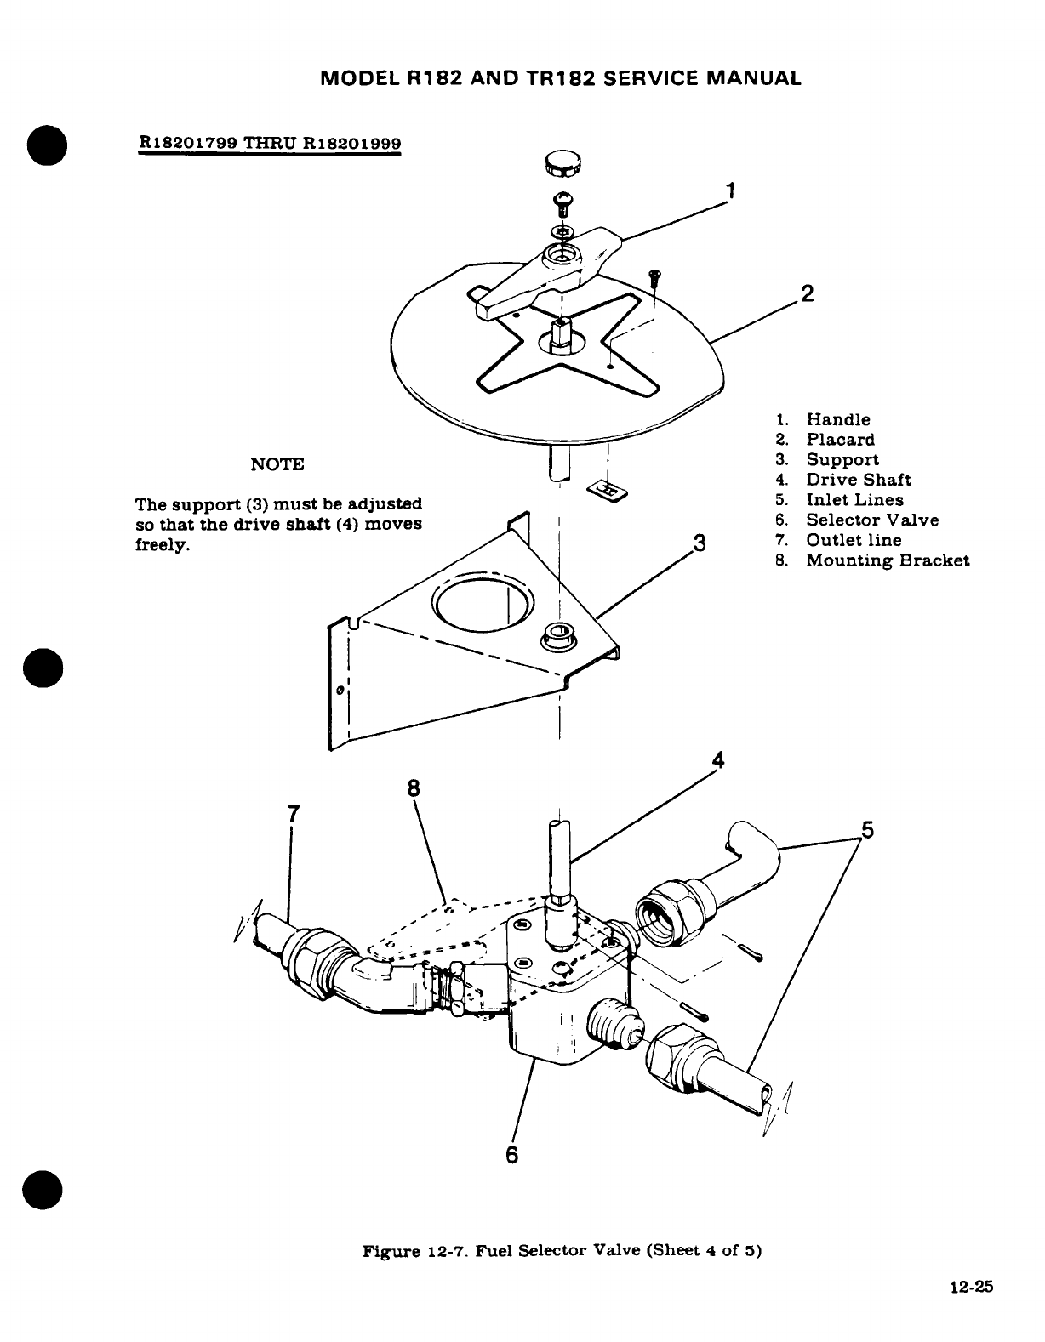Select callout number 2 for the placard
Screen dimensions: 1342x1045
coord(808,294)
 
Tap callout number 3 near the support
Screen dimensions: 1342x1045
coord(700,543)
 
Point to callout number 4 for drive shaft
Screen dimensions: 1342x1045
coord(717,760)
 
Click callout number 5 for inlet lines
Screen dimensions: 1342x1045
coord(867,828)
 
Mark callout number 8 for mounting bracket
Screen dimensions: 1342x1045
coord(414,788)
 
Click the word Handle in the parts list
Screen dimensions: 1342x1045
coord(837,419)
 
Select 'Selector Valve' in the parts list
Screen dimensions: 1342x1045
coord(872,520)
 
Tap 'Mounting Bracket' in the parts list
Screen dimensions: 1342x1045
coord(888,560)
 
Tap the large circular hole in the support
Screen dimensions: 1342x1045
coord(483,606)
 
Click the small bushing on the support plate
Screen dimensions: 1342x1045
coord(558,633)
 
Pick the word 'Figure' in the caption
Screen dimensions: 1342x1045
coord(387,1252)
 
